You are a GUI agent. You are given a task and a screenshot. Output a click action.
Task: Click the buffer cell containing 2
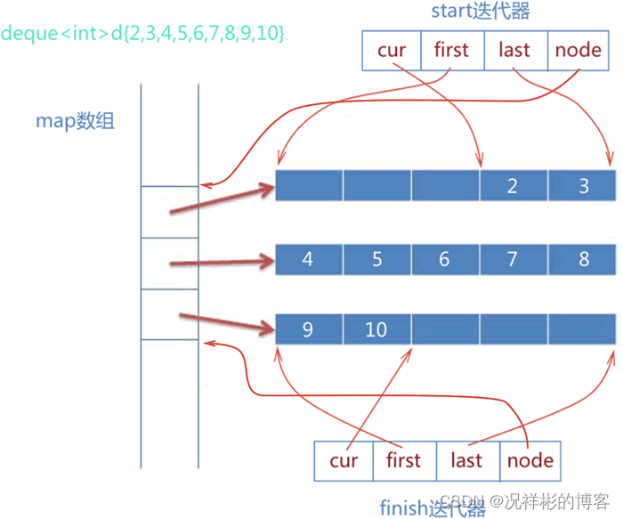[514, 185]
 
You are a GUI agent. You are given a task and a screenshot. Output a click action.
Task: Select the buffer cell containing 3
[582, 185]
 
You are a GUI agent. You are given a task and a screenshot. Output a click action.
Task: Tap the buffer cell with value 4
[309, 260]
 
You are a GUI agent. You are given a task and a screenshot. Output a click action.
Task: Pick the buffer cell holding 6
[445, 260]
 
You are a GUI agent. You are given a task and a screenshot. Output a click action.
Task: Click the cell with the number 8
[582, 260]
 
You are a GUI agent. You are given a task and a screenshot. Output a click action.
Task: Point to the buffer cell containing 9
[309, 329]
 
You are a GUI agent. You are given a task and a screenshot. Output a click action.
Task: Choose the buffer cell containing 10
[377, 329]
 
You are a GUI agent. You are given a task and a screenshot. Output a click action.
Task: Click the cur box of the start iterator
[392, 51]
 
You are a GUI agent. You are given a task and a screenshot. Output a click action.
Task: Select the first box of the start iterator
[452, 51]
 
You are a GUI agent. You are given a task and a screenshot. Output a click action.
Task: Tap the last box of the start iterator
[516, 51]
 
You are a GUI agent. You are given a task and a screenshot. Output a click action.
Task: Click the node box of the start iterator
[578, 51]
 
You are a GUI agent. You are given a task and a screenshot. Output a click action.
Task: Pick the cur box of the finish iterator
[344, 461]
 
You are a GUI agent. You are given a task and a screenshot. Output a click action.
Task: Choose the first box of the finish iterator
[404, 461]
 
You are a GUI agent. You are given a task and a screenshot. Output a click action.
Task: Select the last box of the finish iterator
[468, 461]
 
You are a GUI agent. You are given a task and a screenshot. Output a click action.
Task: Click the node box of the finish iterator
[530, 461]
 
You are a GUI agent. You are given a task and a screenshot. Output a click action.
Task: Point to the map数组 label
[75, 121]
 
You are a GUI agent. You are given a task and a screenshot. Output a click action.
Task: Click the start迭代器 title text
[481, 11]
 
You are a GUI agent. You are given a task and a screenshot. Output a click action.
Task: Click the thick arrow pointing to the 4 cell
[222, 263]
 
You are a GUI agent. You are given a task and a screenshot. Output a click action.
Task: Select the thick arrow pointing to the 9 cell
[227, 322]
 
